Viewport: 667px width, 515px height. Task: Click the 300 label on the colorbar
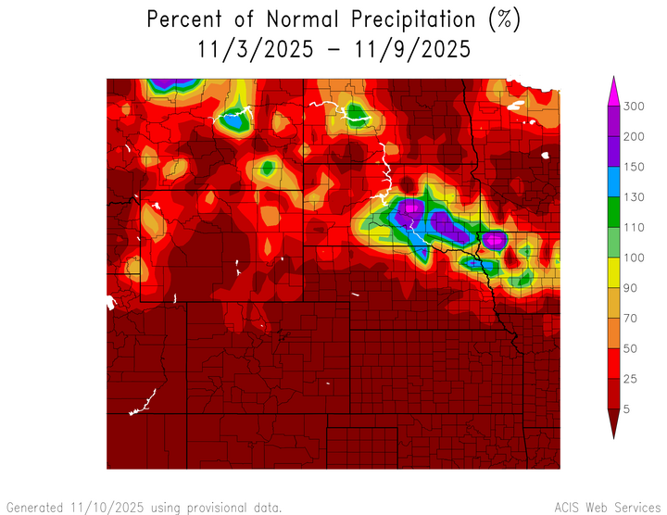click(x=633, y=107)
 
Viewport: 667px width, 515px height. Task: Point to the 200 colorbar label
click(x=633, y=137)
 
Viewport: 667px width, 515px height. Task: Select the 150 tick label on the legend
click(x=633, y=167)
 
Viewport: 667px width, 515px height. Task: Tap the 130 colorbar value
click(x=633, y=197)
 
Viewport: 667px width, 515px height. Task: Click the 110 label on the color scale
click(x=633, y=227)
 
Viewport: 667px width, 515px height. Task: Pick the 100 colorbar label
click(x=633, y=257)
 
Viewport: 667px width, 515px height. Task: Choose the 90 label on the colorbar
click(x=630, y=287)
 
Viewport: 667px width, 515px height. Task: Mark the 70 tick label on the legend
click(x=630, y=318)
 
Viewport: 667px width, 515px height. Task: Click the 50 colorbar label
click(x=630, y=347)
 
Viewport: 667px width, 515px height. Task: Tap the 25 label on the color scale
click(x=630, y=378)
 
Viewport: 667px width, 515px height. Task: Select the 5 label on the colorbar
click(x=627, y=408)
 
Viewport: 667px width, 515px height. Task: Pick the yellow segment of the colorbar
click(x=611, y=272)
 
